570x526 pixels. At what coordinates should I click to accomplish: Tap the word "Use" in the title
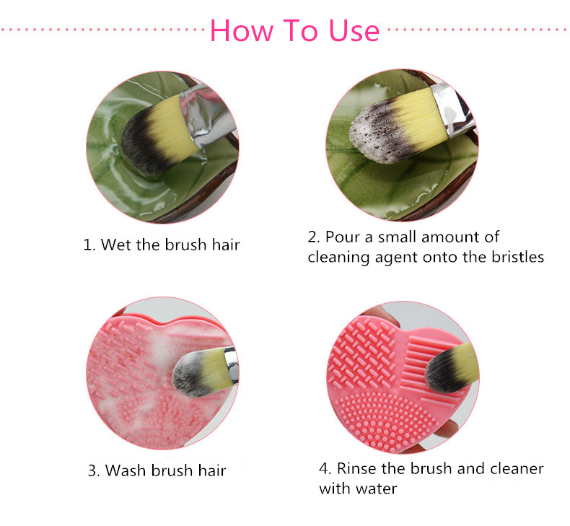click(353, 30)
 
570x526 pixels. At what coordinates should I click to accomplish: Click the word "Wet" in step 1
click(115, 245)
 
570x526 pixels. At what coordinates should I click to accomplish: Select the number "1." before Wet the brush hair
click(89, 245)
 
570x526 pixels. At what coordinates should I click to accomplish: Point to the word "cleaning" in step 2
click(337, 257)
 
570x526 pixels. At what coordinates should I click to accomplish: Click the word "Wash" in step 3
click(124, 471)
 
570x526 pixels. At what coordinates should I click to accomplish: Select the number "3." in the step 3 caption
click(95, 471)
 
